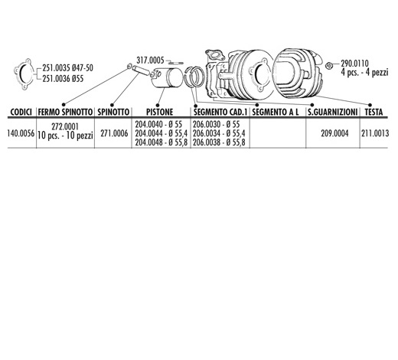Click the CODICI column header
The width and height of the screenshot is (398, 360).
[21, 112]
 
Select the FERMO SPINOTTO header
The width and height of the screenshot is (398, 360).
[65, 112]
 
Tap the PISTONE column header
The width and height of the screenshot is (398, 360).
[159, 112]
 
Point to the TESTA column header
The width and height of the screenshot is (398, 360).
[374, 112]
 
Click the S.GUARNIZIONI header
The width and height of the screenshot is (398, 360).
[332, 112]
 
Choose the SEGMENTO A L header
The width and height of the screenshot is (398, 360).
[276, 112]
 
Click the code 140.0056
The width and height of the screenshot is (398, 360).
[21, 133]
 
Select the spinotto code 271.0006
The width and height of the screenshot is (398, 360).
[114, 133]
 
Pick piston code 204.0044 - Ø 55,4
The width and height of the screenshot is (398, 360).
[161, 133]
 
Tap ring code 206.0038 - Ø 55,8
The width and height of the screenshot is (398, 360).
[219, 142]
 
